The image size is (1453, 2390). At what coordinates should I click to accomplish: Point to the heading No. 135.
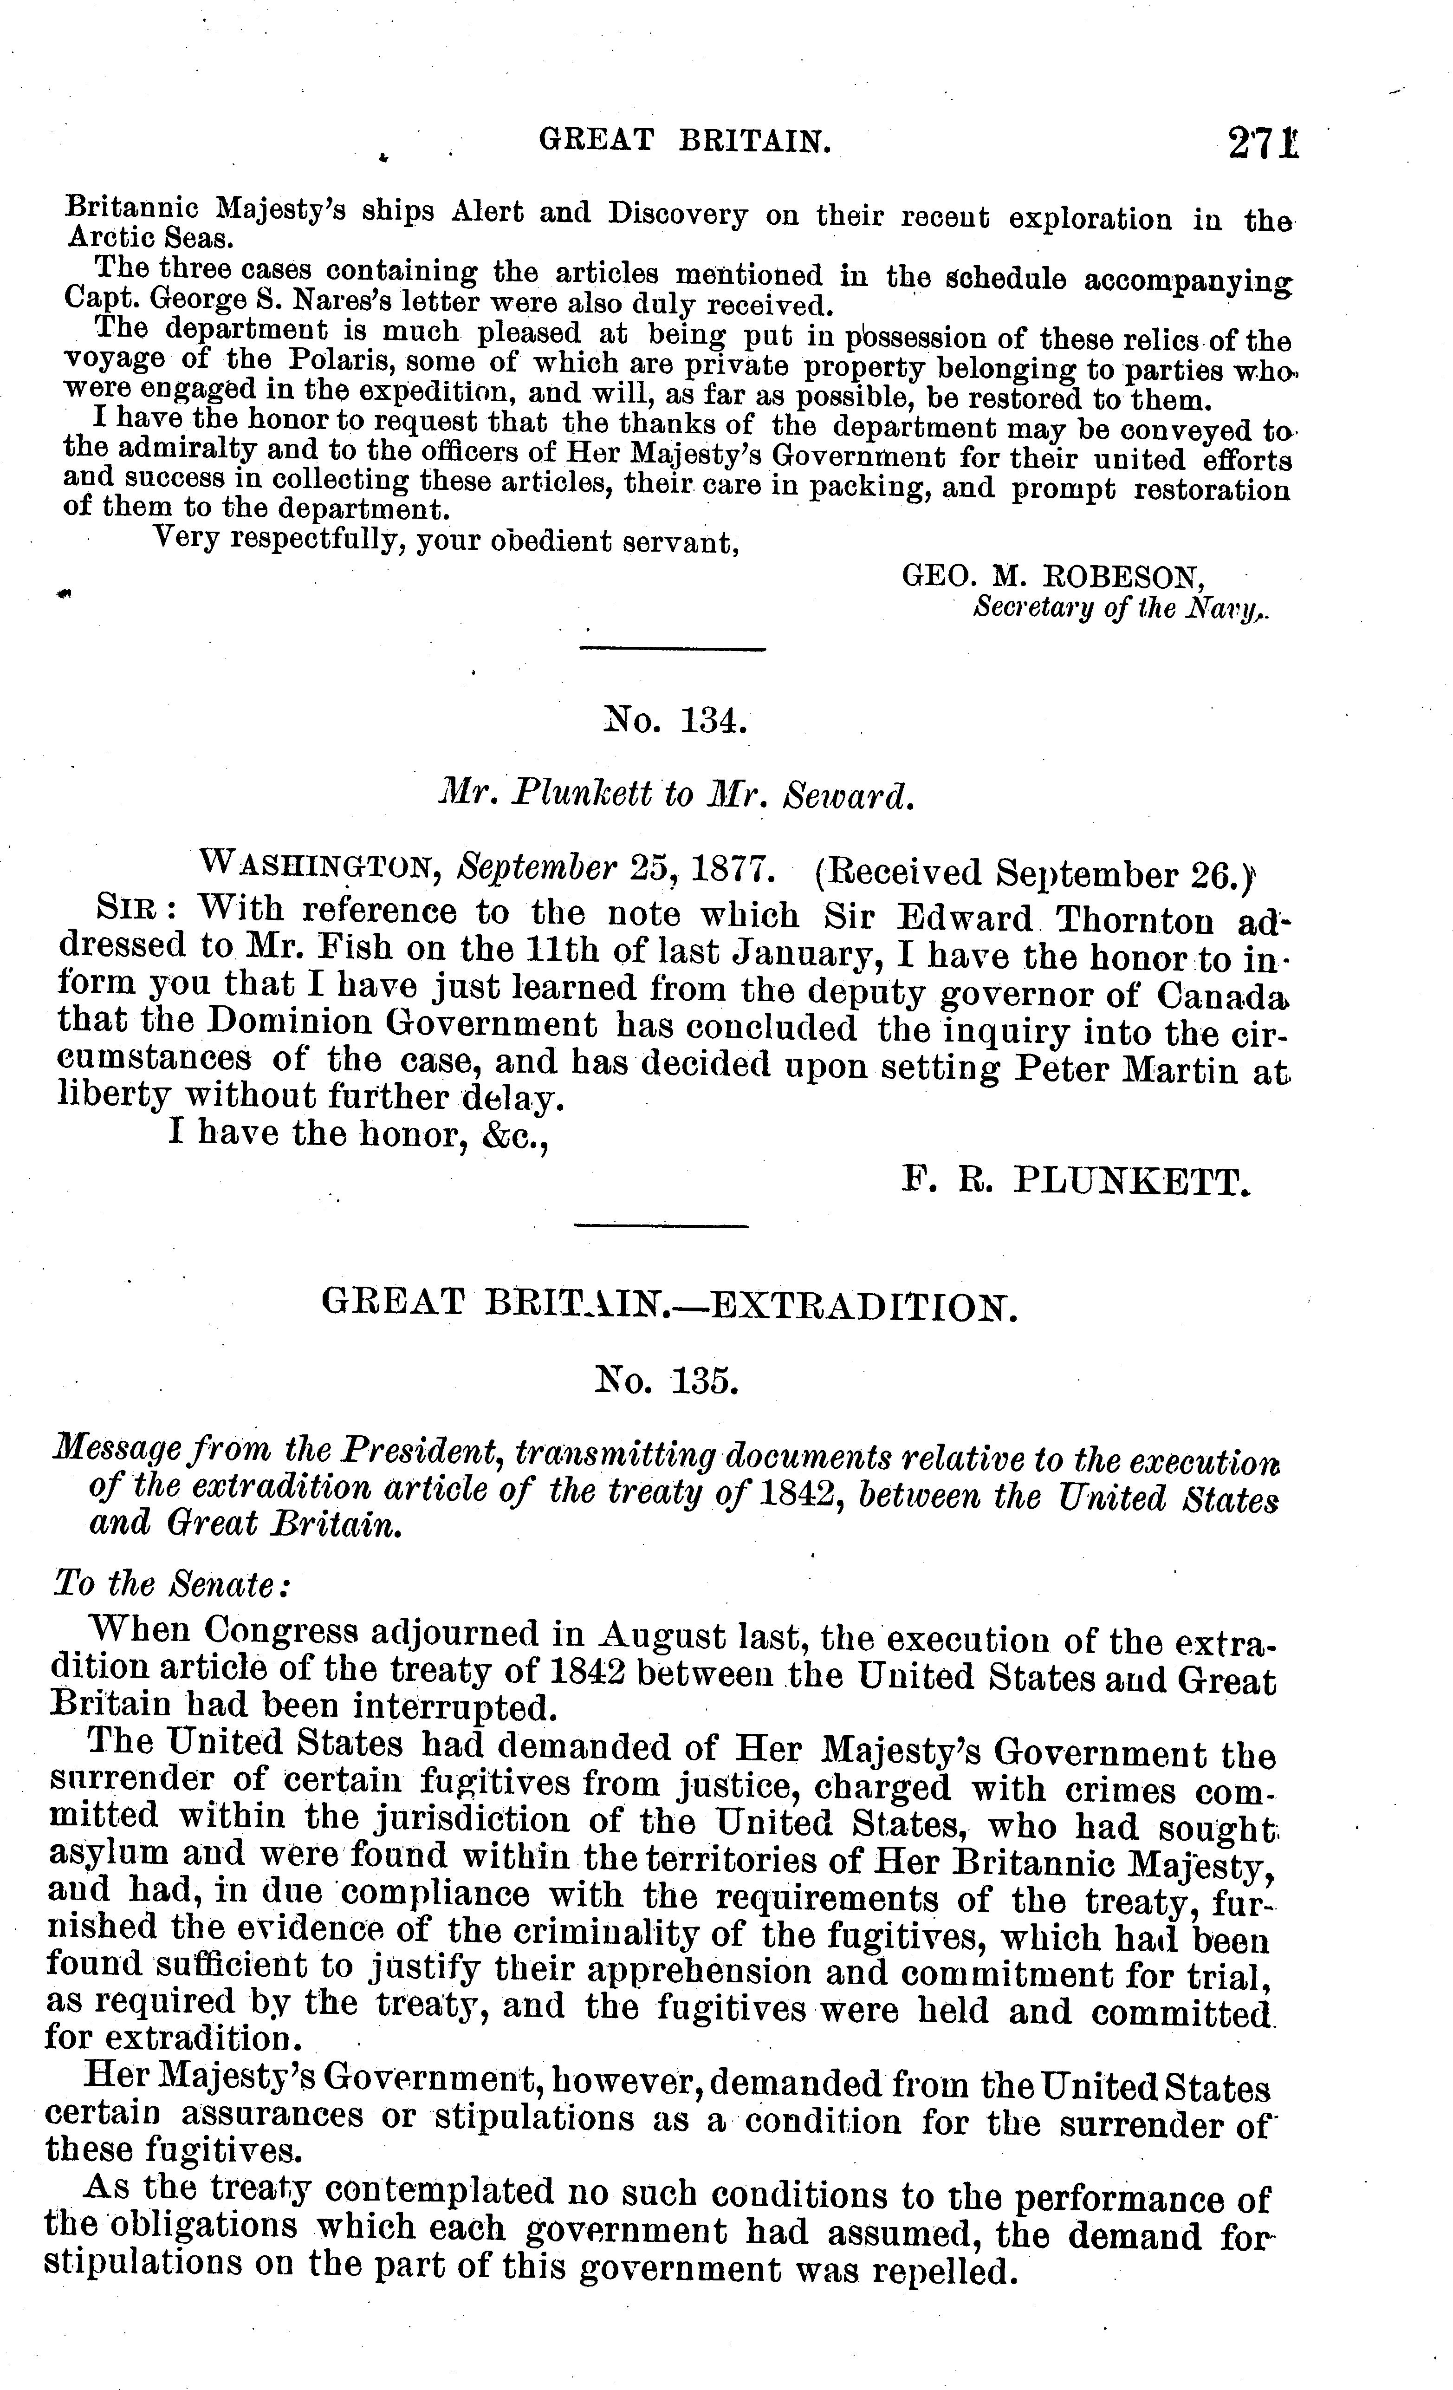coord(668,1380)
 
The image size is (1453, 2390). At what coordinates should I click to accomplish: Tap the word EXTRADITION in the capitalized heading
coord(863,1306)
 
